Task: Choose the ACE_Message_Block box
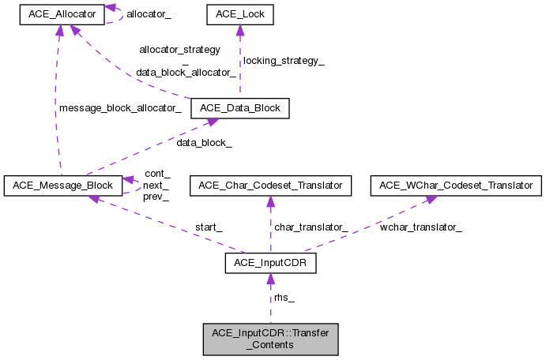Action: coord(62,186)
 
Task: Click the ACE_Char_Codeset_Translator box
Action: coord(270,186)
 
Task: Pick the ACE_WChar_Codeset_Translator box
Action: coord(457,186)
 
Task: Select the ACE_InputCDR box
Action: coord(270,263)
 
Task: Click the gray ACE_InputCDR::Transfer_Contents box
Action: coord(270,339)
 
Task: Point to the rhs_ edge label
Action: coord(284,298)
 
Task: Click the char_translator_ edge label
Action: coord(311,227)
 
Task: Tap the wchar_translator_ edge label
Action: coord(421,227)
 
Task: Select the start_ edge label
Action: coord(209,227)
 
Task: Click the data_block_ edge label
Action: coord(204,143)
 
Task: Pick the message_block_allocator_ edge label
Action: coord(119,108)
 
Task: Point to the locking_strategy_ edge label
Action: coord(283,60)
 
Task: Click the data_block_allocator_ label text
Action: coord(186,72)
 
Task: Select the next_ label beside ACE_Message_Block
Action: coord(156,185)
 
